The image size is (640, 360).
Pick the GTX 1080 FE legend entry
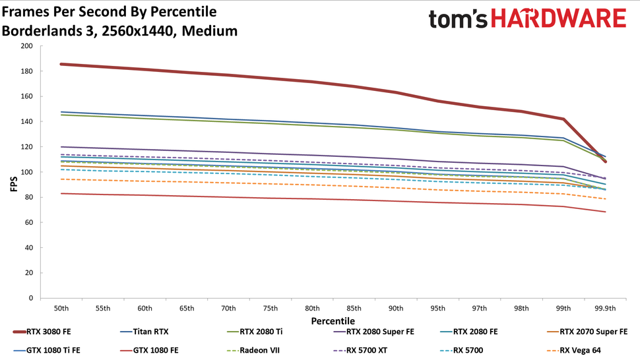pos(155,351)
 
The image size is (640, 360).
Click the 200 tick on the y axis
pos(26,46)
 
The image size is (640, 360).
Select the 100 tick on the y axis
pos(26,172)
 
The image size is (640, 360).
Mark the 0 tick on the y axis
pos(30,298)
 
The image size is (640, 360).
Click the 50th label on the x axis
pos(61,308)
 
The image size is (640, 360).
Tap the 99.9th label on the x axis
pos(605,308)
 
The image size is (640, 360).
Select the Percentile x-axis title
pos(333,320)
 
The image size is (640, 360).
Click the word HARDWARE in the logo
pos(558,19)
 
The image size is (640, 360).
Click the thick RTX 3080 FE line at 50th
pos(61,64)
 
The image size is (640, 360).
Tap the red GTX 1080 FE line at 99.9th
pos(605,212)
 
